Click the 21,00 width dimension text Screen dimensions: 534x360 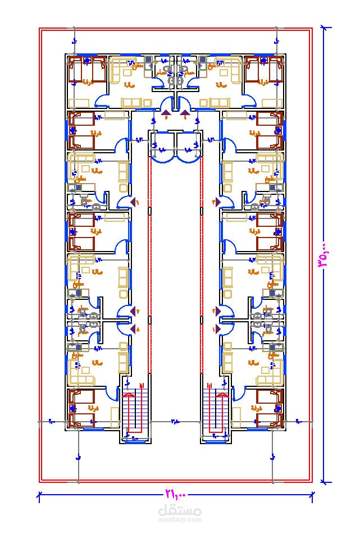click(x=175, y=495)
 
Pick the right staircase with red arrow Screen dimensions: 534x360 click(x=215, y=412)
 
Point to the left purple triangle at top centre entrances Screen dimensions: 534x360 click(x=167, y=115)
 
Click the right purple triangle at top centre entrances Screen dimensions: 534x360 click(x=185, y=115)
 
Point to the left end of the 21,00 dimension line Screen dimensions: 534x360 click(x=39, y=495)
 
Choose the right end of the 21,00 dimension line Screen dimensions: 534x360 click(x=312, y=495)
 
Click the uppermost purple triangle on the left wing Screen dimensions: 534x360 click(x=134, y=201)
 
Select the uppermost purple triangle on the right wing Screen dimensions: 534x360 click(x=217, y=201)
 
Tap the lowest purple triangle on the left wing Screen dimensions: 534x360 click(x=134, y=329)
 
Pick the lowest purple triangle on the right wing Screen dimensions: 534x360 click(x=217, y=329)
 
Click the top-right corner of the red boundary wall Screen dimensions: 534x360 click(x=312, y=29)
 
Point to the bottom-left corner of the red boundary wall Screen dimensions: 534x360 click(x=40, y=481)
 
